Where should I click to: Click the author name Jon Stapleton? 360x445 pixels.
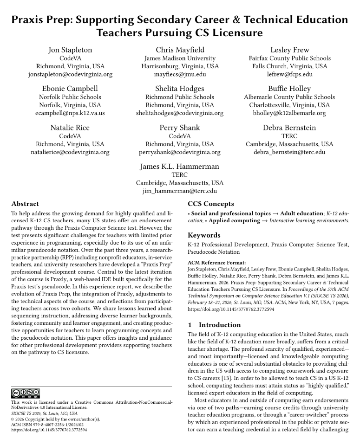coord(70,50)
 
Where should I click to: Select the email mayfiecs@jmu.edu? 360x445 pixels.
coord(180,74)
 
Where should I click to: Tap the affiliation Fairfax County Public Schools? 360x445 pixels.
coord(289,58)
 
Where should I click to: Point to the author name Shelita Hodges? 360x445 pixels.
coord(180,88)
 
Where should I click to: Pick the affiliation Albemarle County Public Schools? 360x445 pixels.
coord(289,97)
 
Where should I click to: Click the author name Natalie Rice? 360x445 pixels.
coord(70,127)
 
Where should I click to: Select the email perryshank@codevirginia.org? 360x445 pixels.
coord(180,152)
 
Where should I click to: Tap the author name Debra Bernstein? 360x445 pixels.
coord(289,127)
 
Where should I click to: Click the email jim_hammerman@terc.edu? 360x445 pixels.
coord(180,191)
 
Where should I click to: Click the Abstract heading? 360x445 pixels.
coord(25,204)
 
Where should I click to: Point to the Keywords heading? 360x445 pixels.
coord(204,235)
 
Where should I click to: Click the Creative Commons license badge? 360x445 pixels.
coord(25,393)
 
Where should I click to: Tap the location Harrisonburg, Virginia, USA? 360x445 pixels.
coord(180,66)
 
